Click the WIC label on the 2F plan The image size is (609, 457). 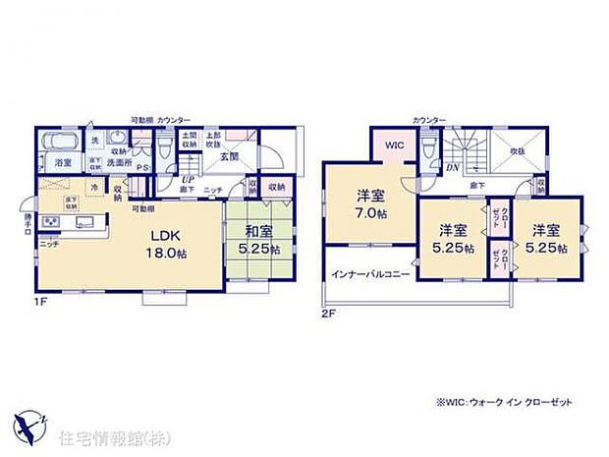(394, 145)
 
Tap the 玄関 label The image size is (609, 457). (227, 156)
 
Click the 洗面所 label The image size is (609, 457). (121, 162)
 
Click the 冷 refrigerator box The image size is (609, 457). (94, 187)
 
